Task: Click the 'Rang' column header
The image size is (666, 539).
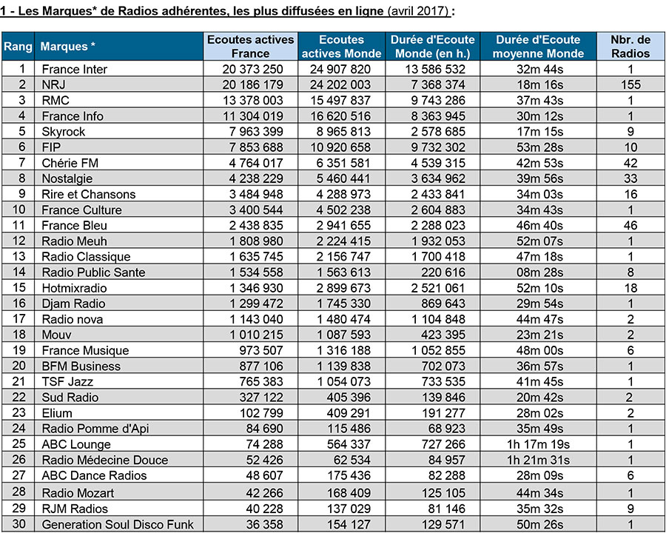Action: click(18, 47)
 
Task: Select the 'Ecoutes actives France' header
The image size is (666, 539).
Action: click(251, 47)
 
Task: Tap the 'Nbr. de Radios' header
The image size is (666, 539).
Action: click(630, 47)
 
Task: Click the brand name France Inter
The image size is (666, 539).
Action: click(74, 70)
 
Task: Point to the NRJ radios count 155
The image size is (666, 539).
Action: click(630, 84)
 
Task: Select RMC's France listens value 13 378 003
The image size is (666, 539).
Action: click(253, 100)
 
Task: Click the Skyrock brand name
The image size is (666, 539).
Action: click(64, 132)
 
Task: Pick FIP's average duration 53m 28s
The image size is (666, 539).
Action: click(539, 147)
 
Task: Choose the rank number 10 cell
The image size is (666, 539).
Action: click(18, 210)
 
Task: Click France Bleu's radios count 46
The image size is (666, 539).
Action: click(630, 225)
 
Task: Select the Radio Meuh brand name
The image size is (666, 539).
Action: click(74, 241)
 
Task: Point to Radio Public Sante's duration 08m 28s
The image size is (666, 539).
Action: click(539, 272)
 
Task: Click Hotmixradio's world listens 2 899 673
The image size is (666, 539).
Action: click(343, 288)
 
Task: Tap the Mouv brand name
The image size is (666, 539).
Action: click(56, 335)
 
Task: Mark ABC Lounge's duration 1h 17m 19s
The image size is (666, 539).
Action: click(538, 444)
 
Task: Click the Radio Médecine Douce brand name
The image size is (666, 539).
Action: click(105, 460)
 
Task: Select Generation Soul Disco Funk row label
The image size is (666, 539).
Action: click(118, 524)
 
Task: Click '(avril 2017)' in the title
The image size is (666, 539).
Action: click(418, 10)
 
